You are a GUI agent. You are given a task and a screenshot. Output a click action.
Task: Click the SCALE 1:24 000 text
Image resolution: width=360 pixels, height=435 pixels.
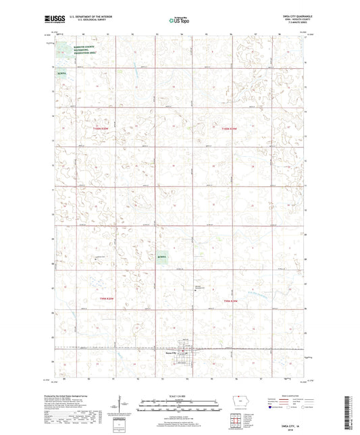coord(180,395)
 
